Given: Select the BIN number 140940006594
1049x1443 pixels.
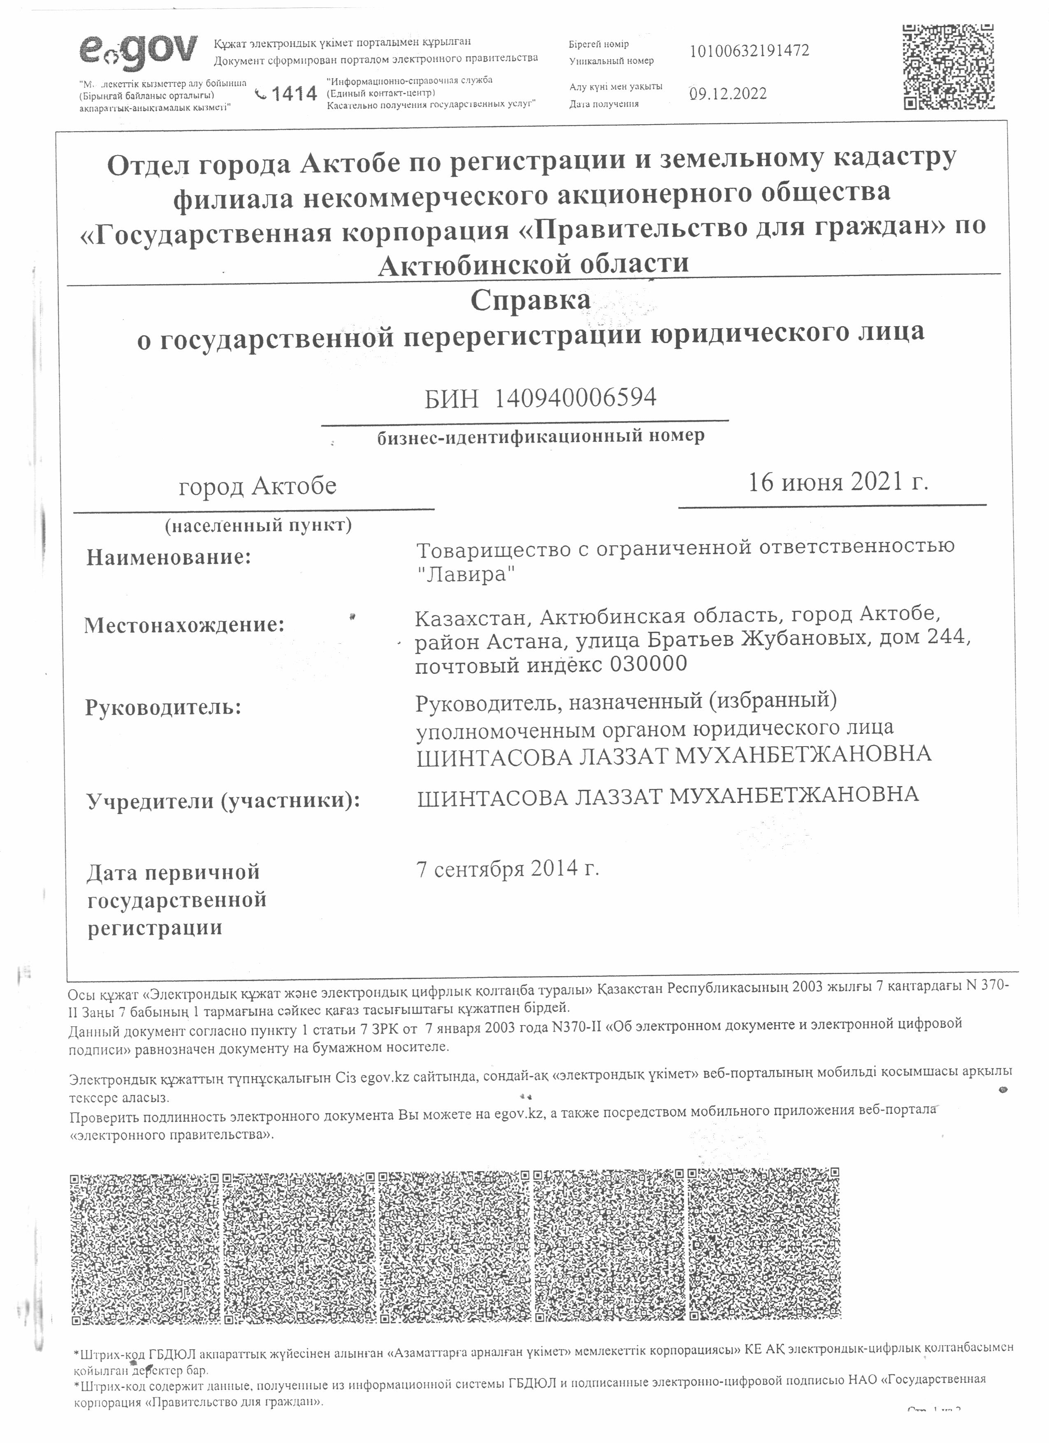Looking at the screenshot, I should [575, 398].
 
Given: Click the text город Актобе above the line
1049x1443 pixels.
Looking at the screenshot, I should [258, 487].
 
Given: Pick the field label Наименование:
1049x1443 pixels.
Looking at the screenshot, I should [169, 558].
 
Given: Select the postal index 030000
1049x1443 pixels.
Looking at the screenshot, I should [648, 664].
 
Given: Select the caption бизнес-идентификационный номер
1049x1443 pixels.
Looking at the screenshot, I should [541, 436].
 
